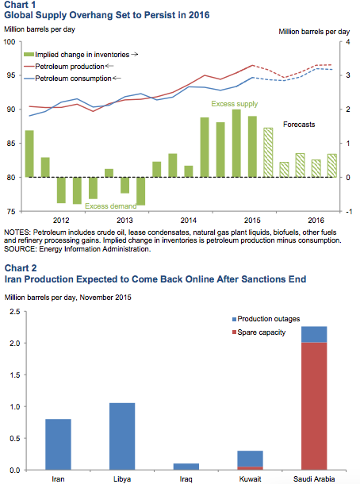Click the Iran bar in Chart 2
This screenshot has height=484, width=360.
(x=58, y=444)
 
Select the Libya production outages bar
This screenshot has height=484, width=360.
(x=122, y=436)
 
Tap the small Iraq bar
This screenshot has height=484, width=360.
(x=186, y=467)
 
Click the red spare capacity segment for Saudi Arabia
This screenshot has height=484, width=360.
(x=314, y=406)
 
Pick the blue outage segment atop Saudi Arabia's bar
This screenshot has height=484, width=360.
(x=314, y=334)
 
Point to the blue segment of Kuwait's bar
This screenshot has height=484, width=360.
(x=251, y=459)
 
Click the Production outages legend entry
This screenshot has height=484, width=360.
(x=266, y=319)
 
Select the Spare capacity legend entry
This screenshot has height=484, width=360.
(x=259, y=332)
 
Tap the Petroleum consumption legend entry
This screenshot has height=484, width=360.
(x=72, y=79)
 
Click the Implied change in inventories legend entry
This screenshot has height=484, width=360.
(x=81, y=55)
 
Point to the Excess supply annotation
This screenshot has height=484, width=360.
(x=235, y=104)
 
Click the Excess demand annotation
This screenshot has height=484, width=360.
(x=111, y=206)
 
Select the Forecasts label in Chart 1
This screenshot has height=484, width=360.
(x=299, y=125)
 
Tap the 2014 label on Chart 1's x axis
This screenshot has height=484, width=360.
(x=189, y=221)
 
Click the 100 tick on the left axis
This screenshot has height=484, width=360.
(x=10, y=42)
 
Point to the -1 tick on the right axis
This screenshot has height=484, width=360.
(x=349, y=212)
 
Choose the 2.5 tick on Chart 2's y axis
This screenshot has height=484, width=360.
(x=15, y=312)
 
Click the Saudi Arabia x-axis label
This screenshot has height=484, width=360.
(x=314, y=479)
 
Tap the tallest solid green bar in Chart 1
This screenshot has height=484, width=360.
(x=236, y=144)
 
